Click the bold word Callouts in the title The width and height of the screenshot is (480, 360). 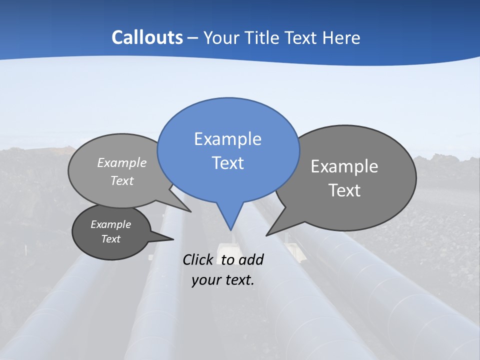click(x=147, y=37)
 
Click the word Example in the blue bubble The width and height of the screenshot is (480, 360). click(x=227, y=138)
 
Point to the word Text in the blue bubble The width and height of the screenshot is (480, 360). click(x=227, y=163)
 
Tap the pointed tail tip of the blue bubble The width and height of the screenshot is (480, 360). click(x=230, y=230)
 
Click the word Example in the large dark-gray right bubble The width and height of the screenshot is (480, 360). click(x=344, y=166)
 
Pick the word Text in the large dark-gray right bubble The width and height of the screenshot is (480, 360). click(x=344, y=190)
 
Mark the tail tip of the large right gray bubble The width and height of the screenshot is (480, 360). click(x=266, y=235)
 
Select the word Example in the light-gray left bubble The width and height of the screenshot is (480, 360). click(x=122, y=162)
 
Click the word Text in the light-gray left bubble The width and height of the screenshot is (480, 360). click(x=122, y=180)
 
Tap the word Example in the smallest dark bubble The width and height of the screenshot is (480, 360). click(x=110, y=224)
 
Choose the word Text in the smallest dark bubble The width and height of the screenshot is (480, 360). click(x=110, y=239)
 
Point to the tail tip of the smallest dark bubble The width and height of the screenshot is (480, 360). click(x=173, y=239)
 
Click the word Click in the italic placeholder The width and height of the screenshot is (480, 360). click(x=198, y=259)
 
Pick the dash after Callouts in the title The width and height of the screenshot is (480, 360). click(x=192, y=37)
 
